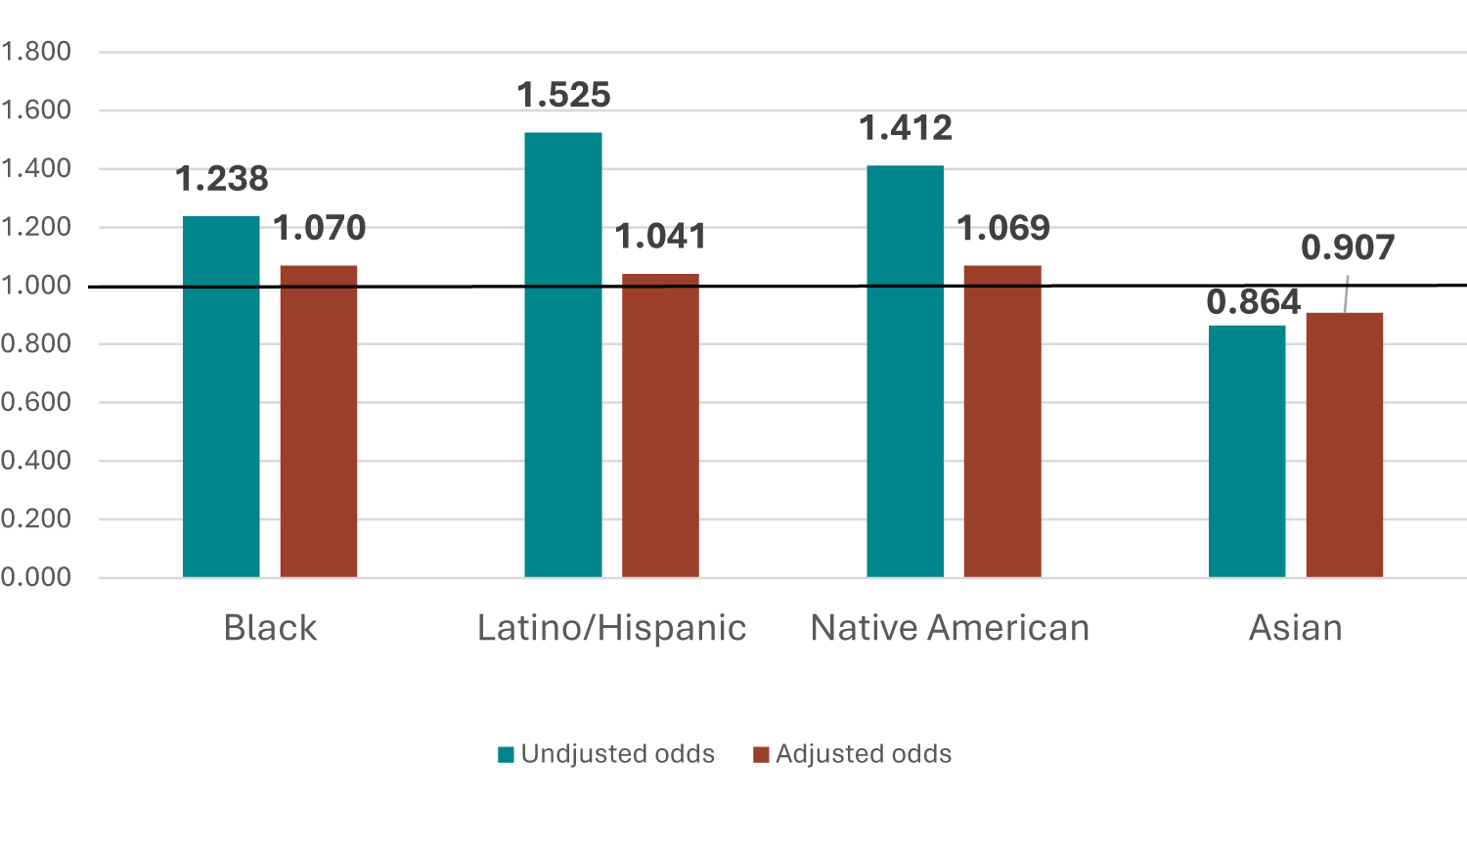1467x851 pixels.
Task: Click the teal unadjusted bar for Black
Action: pyautogui.click(x=221, y=396)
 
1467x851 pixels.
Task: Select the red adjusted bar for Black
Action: pyautogui.click(x=319, y=421)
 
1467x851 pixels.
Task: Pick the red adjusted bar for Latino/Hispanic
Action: pyautogui.click(x=661, y=425)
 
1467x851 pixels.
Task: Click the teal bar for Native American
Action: pyautogui.click(x=906, y=372)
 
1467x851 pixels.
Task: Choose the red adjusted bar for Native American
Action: pyautogui.click(x=1002, y=421)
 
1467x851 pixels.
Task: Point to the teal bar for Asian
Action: pyautogui.click(x=1247, y=451)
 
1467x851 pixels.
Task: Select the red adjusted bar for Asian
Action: pyautogui.click(x=1345, y=445)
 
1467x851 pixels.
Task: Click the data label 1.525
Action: pyautogui.click(x=563, y=95)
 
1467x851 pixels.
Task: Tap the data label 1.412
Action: pyautogui.click(x=906, y=128)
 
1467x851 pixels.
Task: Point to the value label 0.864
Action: pyautogui.click(x=1253, y=302)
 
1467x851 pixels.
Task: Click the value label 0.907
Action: pyautogui.click(x=1348, y=248)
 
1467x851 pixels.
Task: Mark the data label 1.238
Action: pyautogui.click(x=222, y=179)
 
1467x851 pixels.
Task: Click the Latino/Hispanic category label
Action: pyautogui.click(x=611, y=628)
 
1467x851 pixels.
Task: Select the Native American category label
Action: pyautogui.click(x=950, y=628)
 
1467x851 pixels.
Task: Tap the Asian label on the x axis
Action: pyautogui.click(x=1295, y=628)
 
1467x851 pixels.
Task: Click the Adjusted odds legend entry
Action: pyautogui.click(x=853, y=754)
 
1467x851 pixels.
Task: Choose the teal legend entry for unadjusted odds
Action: pyautogui.click(x=606, y=754)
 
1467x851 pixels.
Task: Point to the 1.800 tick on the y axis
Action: pyautogui.click(x=36, y=52)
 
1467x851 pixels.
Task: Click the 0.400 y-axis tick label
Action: pyautogui.click(x=36, y=461)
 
